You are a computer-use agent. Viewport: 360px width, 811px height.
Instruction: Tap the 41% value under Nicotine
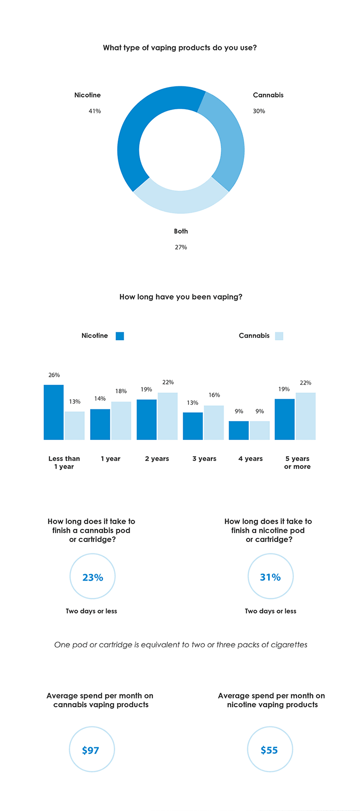(94, 111)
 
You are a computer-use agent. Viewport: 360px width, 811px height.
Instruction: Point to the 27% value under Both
(181, 247)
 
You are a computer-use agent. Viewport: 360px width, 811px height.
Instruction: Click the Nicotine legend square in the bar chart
(120, 336)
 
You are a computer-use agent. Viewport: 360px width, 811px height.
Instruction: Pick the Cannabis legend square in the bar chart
(279, 336)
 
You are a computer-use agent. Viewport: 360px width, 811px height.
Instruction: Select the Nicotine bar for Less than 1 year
(54, 412)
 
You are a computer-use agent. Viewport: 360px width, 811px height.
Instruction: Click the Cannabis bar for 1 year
(121, 421)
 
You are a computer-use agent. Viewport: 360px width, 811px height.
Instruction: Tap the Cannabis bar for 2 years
(167, 416)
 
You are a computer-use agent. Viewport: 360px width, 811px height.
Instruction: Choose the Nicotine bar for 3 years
(193, 426)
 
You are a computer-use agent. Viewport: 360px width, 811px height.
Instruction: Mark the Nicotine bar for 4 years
(238, 430)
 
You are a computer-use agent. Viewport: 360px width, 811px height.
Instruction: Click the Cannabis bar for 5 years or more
(306, 416)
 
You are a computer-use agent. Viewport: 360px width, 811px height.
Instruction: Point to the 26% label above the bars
(54, 375)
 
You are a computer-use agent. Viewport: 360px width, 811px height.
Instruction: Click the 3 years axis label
(204, 459)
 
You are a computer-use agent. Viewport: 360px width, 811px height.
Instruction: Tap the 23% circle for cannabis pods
(93, 577)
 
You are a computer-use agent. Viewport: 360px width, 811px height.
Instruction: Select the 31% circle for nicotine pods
(270, 577)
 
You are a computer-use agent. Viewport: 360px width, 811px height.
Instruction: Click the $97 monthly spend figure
(91, 750)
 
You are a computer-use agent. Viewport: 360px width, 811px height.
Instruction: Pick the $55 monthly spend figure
(270, 750)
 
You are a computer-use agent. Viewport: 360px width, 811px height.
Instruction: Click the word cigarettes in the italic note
(287, 645)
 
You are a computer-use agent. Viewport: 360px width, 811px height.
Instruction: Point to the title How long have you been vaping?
(181, 297)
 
